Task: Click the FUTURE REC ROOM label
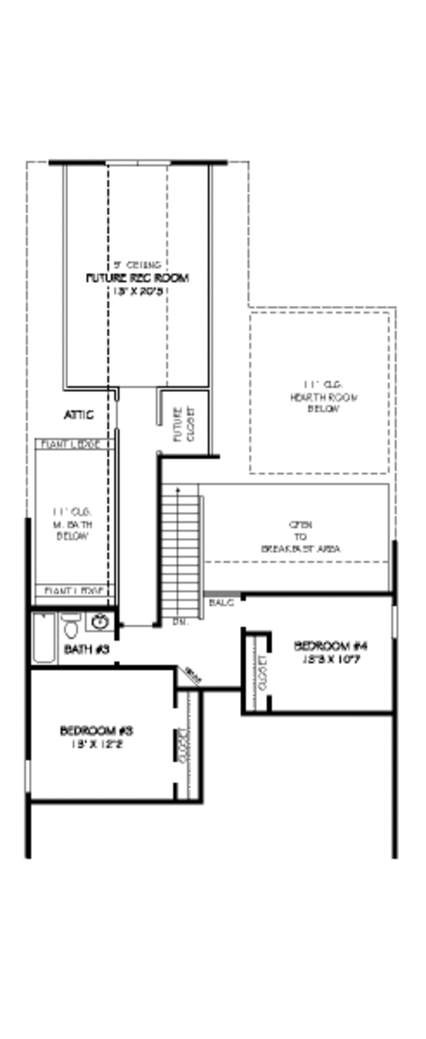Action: (x=137, y=278)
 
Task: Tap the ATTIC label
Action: (x=79, y=415)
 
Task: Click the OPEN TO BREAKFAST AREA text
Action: (x=300, y=537)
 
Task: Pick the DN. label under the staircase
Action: (x=180, y=622)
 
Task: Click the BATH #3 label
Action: (x=87, y=649)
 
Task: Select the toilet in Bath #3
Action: (x=70, y=626)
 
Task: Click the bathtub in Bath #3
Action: (x=44, y=638)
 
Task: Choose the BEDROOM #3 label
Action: (x=97, y=730)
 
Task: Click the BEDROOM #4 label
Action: (x=331, y=646)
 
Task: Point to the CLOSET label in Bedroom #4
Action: (x=262, y=673)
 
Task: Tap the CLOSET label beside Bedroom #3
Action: (x=185, y=746)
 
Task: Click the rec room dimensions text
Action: (x=137, y=291)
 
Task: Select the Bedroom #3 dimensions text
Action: (x=97, y=744)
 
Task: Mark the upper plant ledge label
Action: (x=75, y=444)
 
